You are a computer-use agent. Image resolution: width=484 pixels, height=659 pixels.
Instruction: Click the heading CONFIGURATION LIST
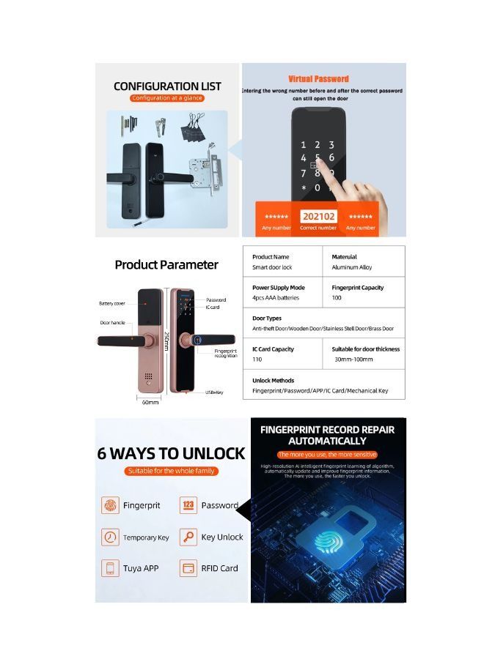click(167, 86)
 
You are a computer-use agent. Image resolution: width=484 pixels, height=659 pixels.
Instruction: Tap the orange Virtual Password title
click(318, 78)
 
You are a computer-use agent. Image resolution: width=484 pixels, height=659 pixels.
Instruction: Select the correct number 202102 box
click(318, 217)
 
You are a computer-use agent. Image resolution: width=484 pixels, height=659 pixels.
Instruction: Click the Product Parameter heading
click(166, 264)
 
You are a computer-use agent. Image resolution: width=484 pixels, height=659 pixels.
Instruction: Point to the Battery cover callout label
click(112, 303)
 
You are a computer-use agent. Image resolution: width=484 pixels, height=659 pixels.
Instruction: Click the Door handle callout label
click(113, 322)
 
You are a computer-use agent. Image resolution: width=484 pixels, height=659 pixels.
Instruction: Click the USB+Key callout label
click(213, 393)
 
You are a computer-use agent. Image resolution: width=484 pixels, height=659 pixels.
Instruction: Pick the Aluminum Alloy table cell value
click(351, 268)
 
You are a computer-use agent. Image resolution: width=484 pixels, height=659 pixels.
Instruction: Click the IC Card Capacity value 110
click(257, 360)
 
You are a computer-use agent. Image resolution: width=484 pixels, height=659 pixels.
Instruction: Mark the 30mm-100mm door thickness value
click(353, 360)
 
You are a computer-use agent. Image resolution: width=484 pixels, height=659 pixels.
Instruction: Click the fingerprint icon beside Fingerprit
click(110, 505)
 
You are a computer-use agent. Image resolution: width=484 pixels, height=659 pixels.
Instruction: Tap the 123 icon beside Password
click(188, 505)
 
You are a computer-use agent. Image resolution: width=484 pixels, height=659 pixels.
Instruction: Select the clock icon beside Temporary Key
click(110, 537)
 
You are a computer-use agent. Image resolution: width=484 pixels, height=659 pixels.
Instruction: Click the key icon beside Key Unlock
click(188, 537)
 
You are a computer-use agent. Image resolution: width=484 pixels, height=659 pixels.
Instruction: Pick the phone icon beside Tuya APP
click(110, 568)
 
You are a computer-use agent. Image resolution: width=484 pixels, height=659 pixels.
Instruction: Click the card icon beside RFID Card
click(188, 568)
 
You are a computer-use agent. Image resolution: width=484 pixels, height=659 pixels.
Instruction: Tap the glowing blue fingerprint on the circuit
click(328, 541)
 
